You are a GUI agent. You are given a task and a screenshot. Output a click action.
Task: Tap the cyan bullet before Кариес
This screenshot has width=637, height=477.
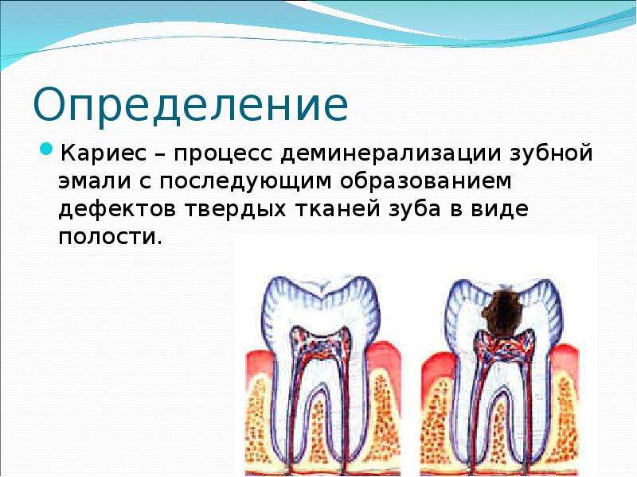click(x=47, y=148)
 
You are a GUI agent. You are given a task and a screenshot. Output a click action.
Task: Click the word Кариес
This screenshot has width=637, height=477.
click(x=104, y=153)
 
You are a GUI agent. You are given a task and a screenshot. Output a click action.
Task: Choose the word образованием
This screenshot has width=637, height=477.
click(x=426, y=181)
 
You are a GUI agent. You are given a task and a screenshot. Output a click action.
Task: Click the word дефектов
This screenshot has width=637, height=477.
click(x=117, y=210)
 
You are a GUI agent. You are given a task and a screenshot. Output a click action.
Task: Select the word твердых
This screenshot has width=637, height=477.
click(x=236, y=210)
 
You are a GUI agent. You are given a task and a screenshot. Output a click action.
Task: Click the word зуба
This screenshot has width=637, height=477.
click(x=414, y=209)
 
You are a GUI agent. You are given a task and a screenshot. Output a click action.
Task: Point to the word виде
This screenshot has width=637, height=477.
click(x=499, y=209)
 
